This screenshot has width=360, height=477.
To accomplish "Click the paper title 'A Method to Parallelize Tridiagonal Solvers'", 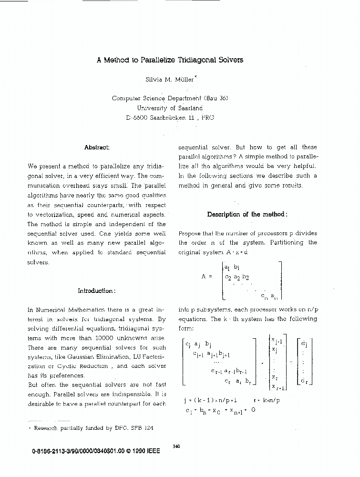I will coord(170,60).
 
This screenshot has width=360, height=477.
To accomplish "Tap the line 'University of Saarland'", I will coord(170,108).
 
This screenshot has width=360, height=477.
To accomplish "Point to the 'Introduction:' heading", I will coord(97,290).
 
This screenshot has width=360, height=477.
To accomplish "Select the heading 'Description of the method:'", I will coord(247,214).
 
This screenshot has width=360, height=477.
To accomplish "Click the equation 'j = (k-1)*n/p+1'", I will coord(210,400).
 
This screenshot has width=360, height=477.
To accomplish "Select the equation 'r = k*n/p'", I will coord(267,400).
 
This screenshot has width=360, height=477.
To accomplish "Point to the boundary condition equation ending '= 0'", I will coord(221,409).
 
